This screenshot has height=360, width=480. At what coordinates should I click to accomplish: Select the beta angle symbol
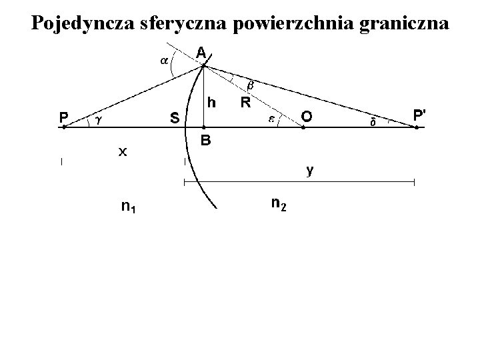pyautogui.click(x=251, y=86)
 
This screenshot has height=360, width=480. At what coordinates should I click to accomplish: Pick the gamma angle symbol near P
pyautogui.click(x=98, y=120)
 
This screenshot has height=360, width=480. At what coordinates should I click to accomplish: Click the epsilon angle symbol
pyautogui.click(x=272, y=119)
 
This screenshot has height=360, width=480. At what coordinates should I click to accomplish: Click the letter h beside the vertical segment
pyautogui.click(x=211, y=103)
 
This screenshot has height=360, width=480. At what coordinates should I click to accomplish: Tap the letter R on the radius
pyautogui.click(x=245, y=103)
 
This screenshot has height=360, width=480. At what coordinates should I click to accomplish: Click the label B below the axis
pyautogui.click(x=206, y=141)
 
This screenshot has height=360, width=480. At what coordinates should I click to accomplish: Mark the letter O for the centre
pyautogui.click(x=305, y=117)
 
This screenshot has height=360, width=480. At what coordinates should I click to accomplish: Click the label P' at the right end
pyautogui.click(x=419, y=115)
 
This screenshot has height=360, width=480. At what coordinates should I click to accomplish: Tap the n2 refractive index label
pyautogui.click(x=279, y=203)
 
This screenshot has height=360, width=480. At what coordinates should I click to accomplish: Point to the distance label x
pyautogui.click(x=122, y=152)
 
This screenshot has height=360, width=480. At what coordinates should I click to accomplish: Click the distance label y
pyautogui.click(x=310, y=171)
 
